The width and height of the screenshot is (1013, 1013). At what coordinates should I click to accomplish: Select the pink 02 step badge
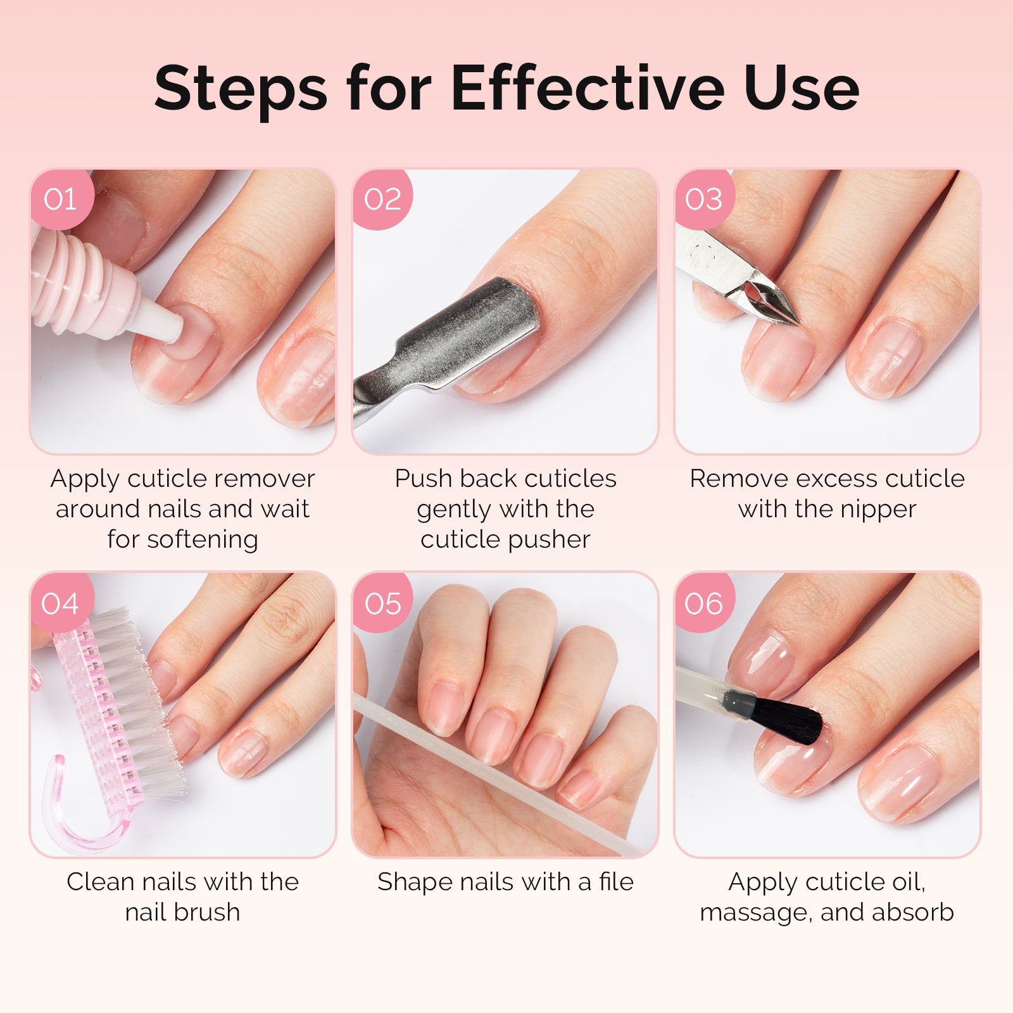[382, 199]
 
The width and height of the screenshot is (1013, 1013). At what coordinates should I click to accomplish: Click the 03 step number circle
[703, 199]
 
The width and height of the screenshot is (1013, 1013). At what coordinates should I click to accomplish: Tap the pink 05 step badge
[382, 603]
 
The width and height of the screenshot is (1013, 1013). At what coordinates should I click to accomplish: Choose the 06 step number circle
[703, 603]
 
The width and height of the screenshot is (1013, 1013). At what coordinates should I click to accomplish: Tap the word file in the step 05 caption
[616, 881]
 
